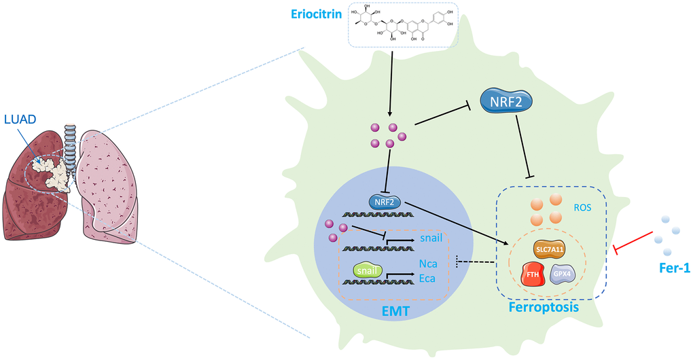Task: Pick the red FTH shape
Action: (535, 274)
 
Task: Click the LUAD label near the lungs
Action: (19, 119)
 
